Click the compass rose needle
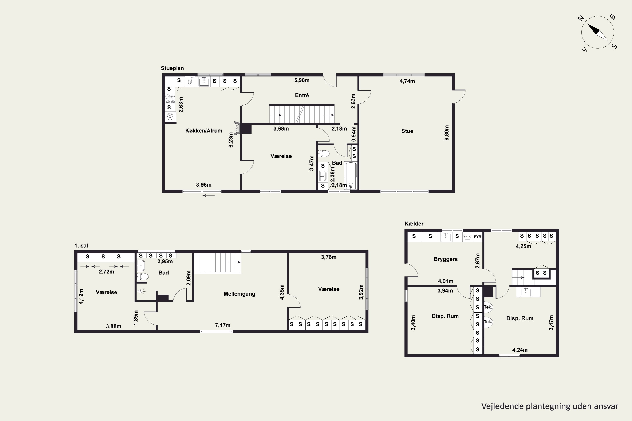tap(598, 32)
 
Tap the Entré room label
tap(302, 95)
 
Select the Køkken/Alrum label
tap(204, 131)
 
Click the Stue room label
tap(407, 131)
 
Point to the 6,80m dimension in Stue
tap(446, 133)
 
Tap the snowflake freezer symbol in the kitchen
tap(170, 117)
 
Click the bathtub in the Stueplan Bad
tap(351, 176)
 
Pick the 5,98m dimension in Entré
tap(302, 80)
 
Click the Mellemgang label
tap(239, 294)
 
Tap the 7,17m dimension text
tap(222, 325)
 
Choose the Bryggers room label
tap(446, 259)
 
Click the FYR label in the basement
tap(478, 237)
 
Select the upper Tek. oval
tap(488, 307)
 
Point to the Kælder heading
tap(414, 224)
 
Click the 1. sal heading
tap(81, 246)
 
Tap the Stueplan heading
tap(172, 68)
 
